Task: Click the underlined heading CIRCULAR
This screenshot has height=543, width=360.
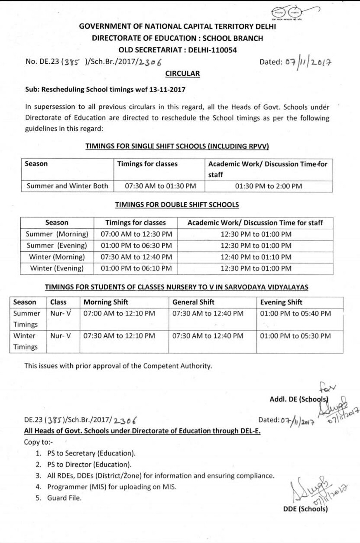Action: [x=182, y=74]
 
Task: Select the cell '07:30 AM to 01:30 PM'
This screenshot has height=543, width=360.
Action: [x=160, y=186]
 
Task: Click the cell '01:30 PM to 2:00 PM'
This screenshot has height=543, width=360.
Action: [x=268, y=186]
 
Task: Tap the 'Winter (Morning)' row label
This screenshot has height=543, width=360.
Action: [x=57, y=257]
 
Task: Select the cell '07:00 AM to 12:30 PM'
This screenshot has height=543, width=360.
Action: [x=136, y=234]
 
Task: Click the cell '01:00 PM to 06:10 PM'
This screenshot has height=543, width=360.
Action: [x=136, y=268]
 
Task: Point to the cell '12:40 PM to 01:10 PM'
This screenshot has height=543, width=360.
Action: [x=256, y=257]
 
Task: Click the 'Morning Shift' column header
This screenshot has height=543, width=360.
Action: [x=106, y=302]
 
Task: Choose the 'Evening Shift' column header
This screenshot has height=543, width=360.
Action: [x=281, y=302]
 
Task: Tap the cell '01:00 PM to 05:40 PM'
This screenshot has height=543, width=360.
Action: [x=295, y=313]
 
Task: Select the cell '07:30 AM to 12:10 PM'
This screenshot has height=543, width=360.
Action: [x=119, y=336]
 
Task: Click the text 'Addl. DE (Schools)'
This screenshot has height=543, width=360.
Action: [x=299, y=400]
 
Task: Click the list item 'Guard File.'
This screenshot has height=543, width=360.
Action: [x=64, y=498]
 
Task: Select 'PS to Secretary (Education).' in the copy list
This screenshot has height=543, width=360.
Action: [x=91, y=453]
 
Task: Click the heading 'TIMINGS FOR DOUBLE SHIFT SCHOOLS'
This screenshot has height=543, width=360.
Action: [x=177, y=205]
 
